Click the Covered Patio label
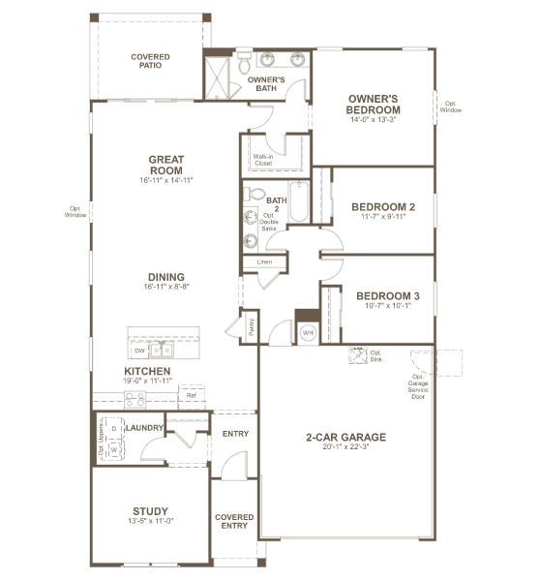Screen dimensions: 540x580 150,61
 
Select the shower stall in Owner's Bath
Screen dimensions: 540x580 217,77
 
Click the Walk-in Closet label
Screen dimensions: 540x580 263,160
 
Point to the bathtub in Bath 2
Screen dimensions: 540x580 299,201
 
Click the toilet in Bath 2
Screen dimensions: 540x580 255,194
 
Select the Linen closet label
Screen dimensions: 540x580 264,261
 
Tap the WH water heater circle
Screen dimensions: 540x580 308,333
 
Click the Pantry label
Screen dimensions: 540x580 252,327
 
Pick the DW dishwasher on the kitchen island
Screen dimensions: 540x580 139,351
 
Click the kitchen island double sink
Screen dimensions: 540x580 162,350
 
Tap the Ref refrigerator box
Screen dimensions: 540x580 192,396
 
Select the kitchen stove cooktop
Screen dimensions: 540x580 135,400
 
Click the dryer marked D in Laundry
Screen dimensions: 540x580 114,428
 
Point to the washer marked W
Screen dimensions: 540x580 114,450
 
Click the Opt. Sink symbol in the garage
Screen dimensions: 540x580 358,355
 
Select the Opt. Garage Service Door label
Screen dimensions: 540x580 418,386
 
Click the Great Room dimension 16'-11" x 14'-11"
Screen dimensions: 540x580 166,180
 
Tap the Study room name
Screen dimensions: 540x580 150,511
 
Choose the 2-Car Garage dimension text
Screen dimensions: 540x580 345,446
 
